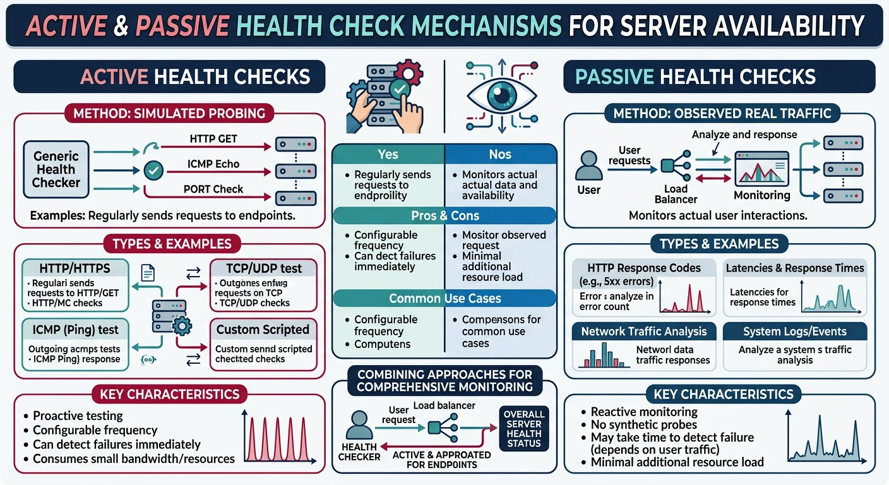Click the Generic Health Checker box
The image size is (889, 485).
[56, 169]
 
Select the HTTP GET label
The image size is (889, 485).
[213, 138]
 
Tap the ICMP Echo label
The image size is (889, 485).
[213, 164]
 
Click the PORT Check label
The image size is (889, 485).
[213, 189]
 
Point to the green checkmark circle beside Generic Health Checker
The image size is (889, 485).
[154, 169]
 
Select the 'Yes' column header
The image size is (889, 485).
[388, 154]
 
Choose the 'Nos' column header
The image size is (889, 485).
[501, 154]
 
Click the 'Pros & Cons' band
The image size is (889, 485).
[444, 215]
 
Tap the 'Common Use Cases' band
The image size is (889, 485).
[444, 299]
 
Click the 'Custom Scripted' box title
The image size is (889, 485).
[263, 330]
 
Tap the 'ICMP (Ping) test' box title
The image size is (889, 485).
[69, 330]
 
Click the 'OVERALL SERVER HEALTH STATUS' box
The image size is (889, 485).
[523, 429]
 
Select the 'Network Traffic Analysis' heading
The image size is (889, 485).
[643, 332]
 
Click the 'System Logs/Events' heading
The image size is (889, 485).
[794, 332]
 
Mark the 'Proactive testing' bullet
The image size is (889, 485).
[78, 416]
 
